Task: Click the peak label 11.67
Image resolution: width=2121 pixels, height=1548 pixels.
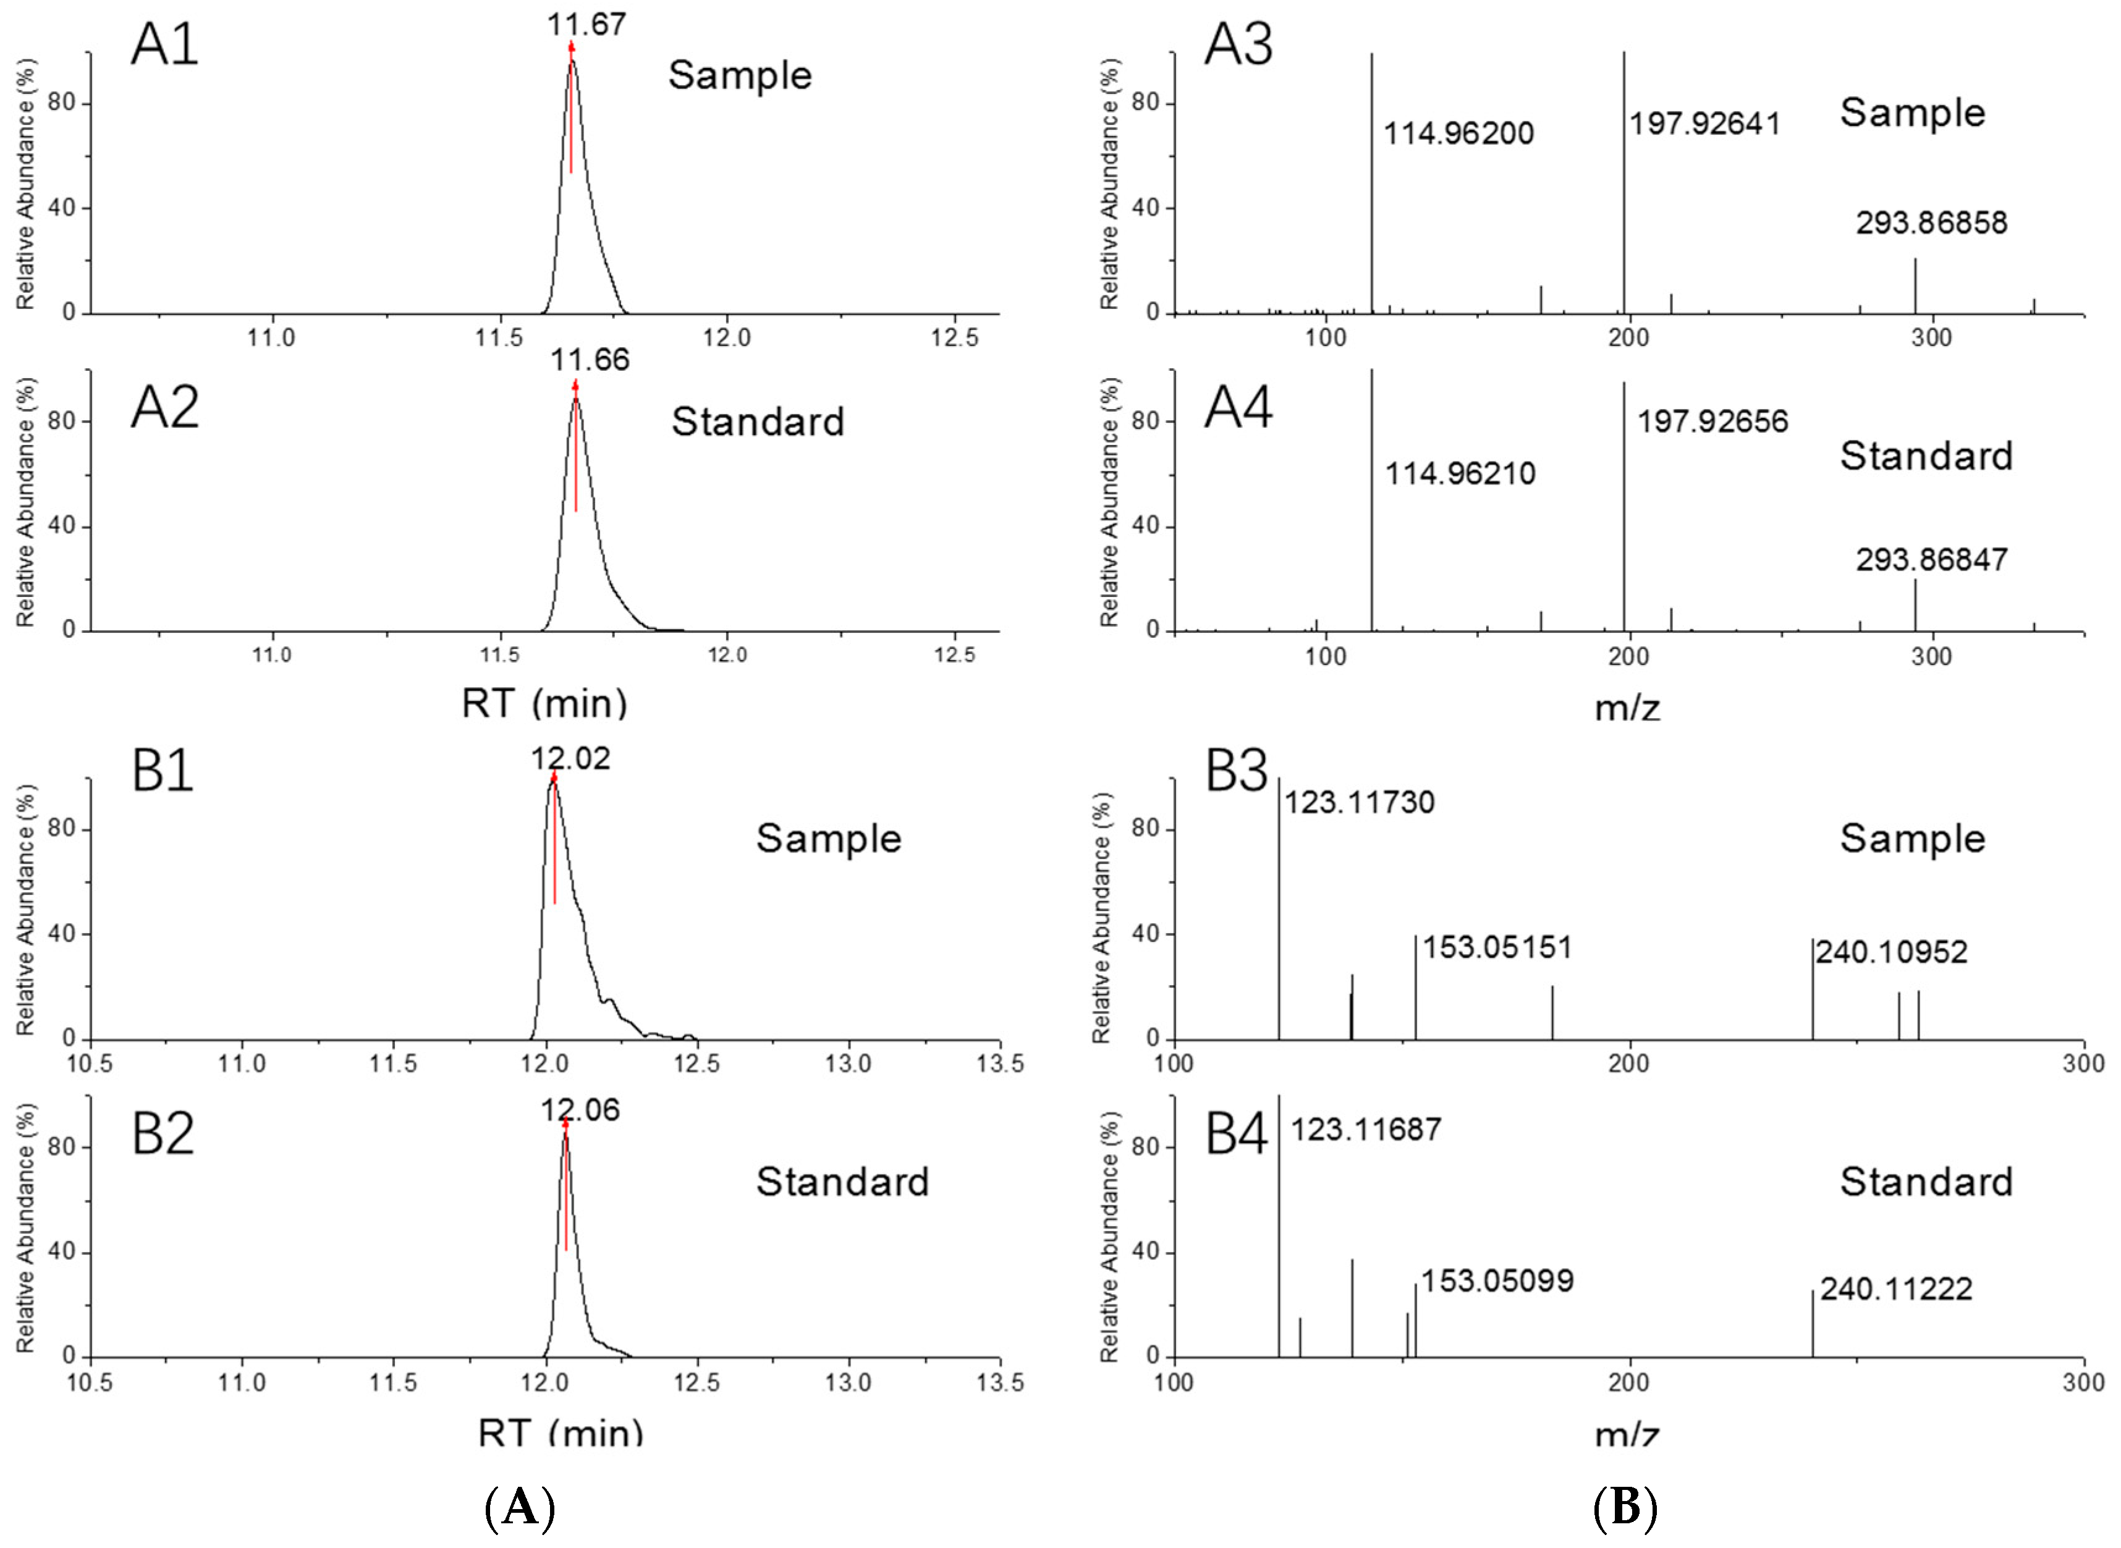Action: point(586,24)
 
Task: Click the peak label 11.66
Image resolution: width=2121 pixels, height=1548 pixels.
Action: point(590,360)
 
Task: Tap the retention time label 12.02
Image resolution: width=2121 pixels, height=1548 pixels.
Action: point(570,758)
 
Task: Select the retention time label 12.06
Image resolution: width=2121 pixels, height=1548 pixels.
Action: point(580,1110)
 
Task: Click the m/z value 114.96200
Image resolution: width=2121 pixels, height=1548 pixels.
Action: point(1458,134)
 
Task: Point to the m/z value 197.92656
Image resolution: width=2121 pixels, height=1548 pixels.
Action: point(1712,421)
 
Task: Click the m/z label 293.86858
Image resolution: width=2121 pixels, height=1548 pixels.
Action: point(1932,223)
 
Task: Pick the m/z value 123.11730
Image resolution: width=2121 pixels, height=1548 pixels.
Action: point(1358,803)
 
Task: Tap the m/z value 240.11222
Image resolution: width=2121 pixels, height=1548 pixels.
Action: point(1896,1289)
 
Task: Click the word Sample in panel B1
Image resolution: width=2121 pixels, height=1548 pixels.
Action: point(828,839)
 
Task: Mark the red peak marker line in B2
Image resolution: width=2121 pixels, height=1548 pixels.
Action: point(566,1190)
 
